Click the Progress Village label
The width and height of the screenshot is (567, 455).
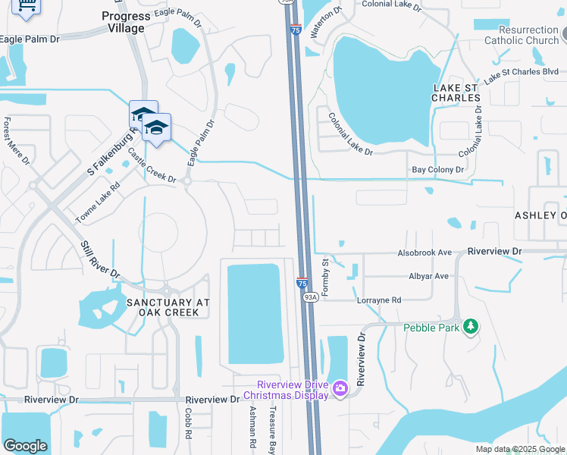tap(125, 22)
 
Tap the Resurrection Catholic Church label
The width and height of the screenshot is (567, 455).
tap(522, 35)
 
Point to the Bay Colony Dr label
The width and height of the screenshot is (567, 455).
tap(437, 171)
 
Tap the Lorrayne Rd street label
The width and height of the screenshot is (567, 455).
tap(379, 300)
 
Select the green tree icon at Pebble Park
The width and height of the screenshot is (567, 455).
tap(471, 326)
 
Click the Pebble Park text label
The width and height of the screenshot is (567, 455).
tap(431, 328)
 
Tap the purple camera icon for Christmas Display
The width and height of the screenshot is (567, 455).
tap(340, 389)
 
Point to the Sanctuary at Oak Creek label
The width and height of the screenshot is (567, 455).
tap(168, 307)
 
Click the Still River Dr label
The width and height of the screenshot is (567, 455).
tap(101, 259)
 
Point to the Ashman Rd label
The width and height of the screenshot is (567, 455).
tap(254, 425)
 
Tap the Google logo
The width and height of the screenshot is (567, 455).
tap(25, 446)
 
